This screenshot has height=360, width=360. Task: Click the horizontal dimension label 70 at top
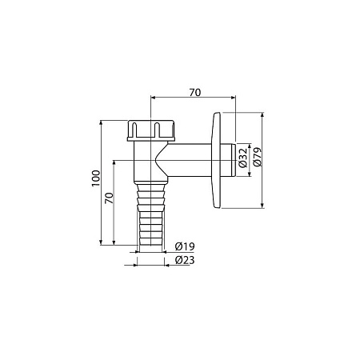195,93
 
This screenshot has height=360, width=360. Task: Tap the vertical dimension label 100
96,178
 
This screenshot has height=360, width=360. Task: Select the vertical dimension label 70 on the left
109,198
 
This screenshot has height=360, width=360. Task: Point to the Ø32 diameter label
243,158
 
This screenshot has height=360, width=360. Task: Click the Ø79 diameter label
258,157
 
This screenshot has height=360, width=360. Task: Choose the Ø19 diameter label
185,246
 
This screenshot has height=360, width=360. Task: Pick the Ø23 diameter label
185,260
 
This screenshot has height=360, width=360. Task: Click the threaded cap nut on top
151,130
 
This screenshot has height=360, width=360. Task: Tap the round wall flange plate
216,160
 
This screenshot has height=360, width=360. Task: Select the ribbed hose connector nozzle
151,214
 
